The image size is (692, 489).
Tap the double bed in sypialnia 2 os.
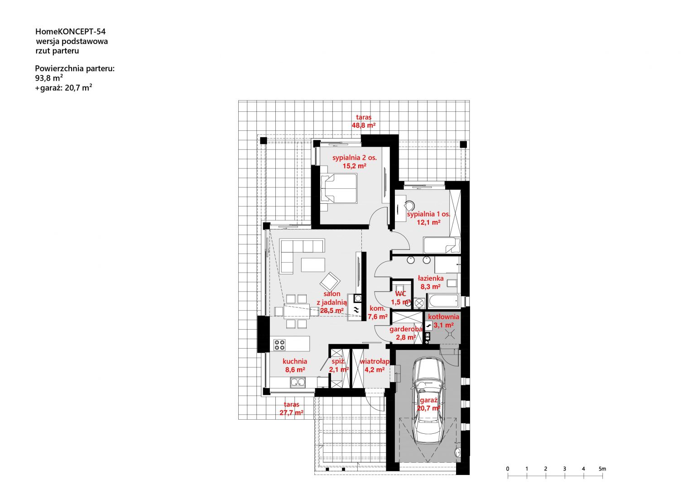(x=339, y=188)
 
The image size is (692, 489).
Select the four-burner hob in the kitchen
(x=279, y=345)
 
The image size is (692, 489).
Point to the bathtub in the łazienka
(x=443, y=301)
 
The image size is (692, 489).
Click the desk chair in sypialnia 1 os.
(x=410, y=206)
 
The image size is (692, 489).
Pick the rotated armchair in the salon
(x=330, y=282)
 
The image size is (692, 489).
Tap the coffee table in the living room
(x=313, y=265)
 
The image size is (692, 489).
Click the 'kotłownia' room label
(x=444, y=316)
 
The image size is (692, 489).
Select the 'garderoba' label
(x=406, y=329)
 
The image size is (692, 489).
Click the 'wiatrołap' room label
(x=375, y=361)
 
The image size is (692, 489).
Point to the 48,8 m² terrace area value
(x=364, y=125)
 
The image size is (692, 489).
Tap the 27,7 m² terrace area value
(x=291, y=412)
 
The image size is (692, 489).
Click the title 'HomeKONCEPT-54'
(x=71, y=32)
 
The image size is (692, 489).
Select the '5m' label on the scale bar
(x=602, y=469)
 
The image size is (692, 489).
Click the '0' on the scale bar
(x=508, y=469)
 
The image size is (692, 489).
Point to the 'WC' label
(x=401, y=294)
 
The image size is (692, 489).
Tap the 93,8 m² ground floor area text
(x=49, y=78)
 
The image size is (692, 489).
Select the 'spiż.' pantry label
(x=338, y=361)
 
